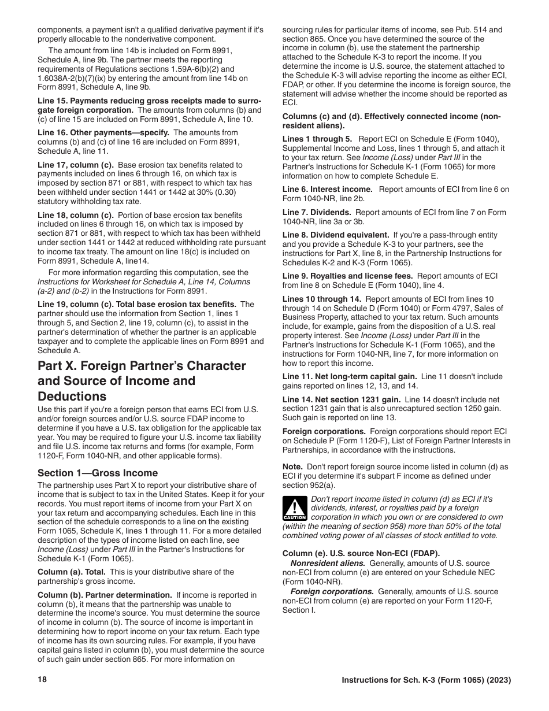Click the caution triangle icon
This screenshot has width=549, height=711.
coord(294,509)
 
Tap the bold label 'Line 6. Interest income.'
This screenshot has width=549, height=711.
coord(328,189)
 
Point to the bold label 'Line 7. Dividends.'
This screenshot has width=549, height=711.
coord(317,212)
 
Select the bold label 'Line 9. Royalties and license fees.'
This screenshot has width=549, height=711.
coord(348,276)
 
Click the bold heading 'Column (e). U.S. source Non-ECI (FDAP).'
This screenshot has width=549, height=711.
coord(361,553)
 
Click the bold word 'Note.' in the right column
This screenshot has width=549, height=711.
coord(292,466)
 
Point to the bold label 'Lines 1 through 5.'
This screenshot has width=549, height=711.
coord(317,139)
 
